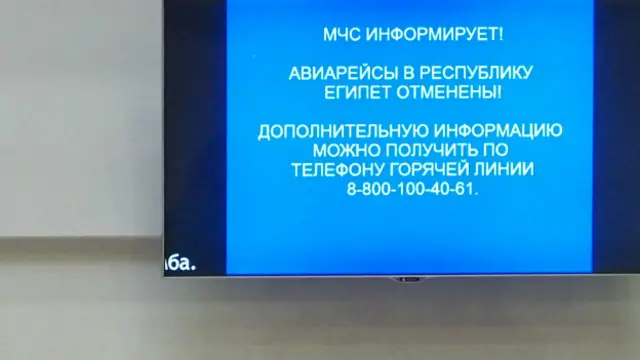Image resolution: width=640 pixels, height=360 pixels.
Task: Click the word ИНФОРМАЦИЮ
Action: tap(496, 131)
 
